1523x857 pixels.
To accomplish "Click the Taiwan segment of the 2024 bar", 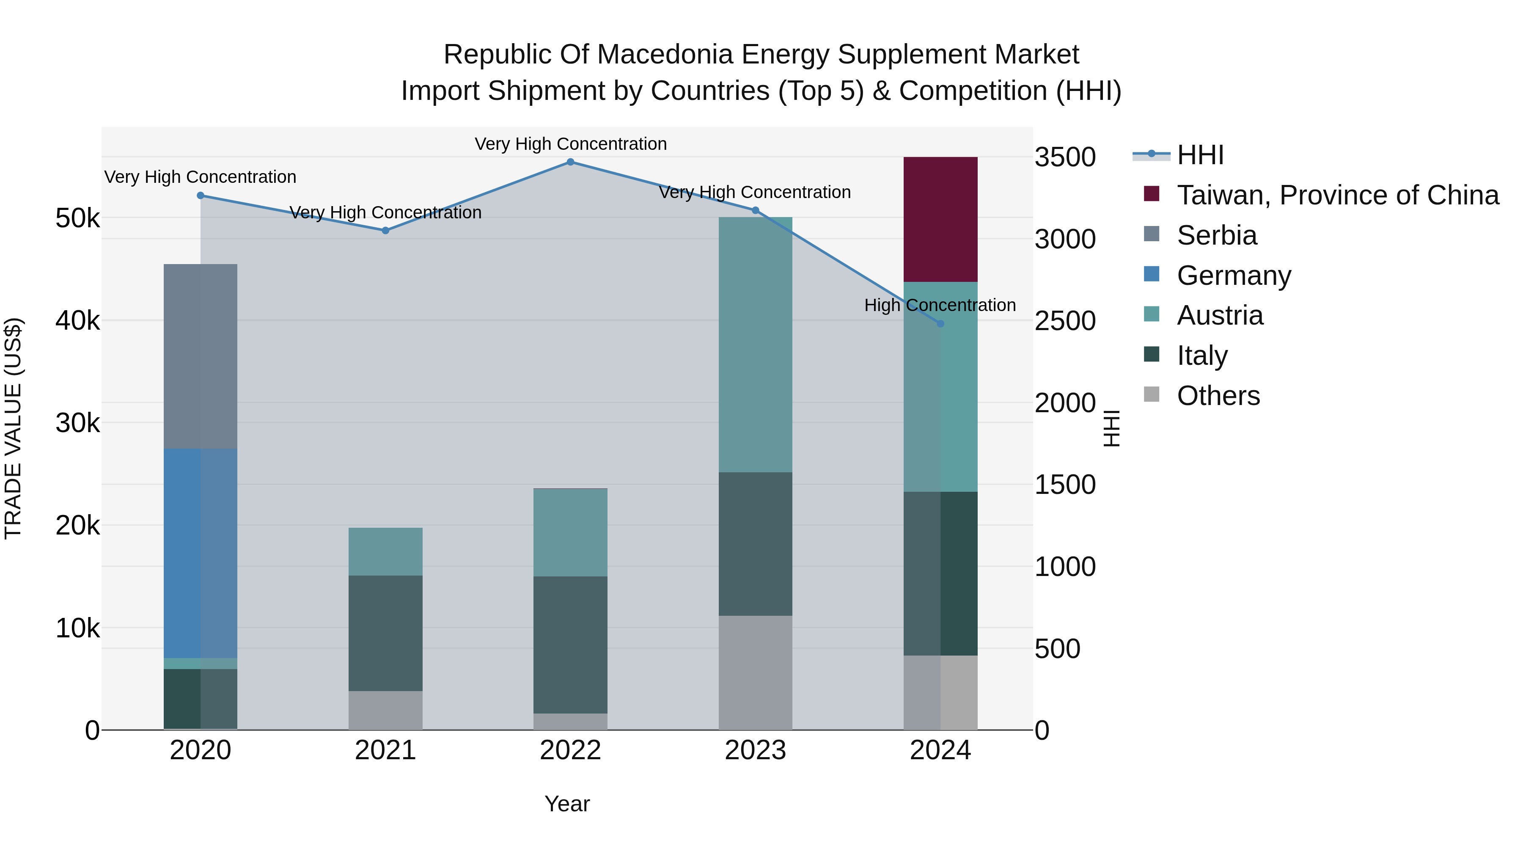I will pos(940,219).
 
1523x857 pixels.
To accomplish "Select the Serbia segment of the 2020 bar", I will pos(201,356).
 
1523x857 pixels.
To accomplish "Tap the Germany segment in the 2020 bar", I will pos(201,553).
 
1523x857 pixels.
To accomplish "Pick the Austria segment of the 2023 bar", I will pos(755,344).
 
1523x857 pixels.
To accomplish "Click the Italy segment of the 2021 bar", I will pos(385,633).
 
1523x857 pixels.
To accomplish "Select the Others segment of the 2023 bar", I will pos(755,672).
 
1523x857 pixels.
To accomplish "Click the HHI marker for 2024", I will pos(940,323).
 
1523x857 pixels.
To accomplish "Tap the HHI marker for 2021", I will pos(385,231).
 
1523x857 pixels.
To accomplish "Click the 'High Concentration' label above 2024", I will pos(940,305).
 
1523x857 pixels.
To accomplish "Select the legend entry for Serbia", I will pos(1216,235).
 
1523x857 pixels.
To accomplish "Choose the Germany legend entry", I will pos(1233,276).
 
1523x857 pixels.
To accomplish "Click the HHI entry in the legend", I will pos(1200,155).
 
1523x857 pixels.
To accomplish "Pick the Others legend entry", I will pos(1218,396).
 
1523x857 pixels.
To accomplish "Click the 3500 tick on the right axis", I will pos(1065,157).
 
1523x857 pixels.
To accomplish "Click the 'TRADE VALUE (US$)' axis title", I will pos(13,428).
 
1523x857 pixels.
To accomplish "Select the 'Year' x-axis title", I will pos(567,804).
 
